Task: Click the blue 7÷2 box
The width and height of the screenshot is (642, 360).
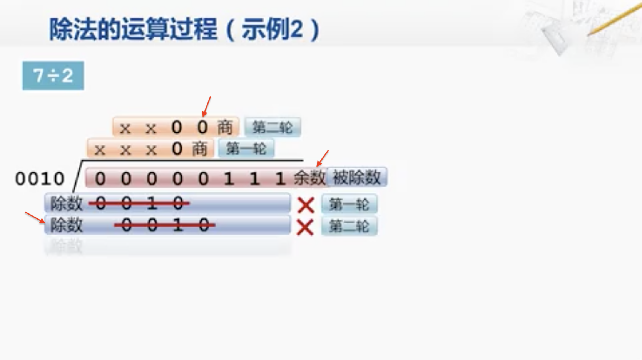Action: tap(53, 75)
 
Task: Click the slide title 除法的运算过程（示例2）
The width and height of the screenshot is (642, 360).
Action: tap(184, 29)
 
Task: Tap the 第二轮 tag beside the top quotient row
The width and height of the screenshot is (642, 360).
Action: tap(273, 127)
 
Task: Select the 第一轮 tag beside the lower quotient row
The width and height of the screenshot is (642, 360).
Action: tap(246, 148)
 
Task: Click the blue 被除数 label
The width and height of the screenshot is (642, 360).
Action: tap(356, 177)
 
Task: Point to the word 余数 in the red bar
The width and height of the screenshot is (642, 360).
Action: tap(309, 178)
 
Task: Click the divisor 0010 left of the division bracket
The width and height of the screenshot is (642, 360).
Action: tap(40, 179)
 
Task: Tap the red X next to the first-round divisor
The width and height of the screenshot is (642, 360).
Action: tap(306, 205)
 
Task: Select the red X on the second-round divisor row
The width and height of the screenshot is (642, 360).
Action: tap(305, 227)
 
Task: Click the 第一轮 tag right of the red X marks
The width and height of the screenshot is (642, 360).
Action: tap(349, 204)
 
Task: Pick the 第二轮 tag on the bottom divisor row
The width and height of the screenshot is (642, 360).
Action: tap(349, 226)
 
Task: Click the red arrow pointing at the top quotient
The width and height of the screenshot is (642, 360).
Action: tap(207, 107)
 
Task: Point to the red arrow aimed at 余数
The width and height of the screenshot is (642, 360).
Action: tap(323, 158)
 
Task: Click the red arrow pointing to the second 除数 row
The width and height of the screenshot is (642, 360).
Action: tap(35, 217)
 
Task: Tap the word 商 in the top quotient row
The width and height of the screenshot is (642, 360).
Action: tap(225, 127)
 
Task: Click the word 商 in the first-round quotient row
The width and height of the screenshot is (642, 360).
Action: tap(199, 149)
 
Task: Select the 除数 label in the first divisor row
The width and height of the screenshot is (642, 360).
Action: tap(66, 204)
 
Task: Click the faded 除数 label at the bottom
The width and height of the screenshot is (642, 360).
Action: tap(66, 247)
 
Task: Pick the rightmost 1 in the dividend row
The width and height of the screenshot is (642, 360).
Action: tap(280, 179)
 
